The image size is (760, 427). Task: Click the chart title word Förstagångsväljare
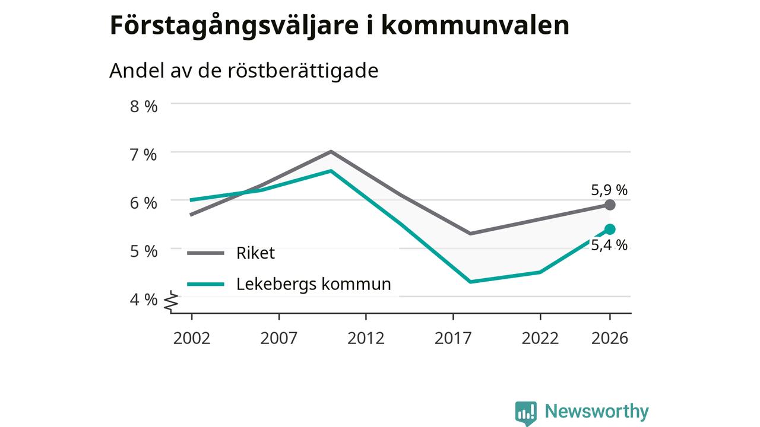pyautogui.click(x=234, y=27)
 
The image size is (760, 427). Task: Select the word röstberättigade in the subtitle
pyautogui.click(x=303, y=71)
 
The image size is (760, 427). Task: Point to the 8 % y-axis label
pyautogui.click(x=144, y=106)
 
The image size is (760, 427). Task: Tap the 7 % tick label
pyautogui.click(x=144, y=155)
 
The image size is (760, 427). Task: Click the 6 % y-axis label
pyautogui.click(x=144, y=203)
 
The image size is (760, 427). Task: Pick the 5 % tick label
pyautogui.click(x=144, y=251)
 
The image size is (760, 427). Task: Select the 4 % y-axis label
pyautogui.click(x=144, y=299)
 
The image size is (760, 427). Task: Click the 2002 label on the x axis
pyautogui.click(x=192, y=338)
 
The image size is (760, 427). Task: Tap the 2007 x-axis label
pyautogui.click(x=279, y=338)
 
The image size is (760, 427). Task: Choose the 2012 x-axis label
pyautogui.click(x=366, y=338)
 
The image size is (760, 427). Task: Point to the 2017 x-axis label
pyautogui.click(x=453, y=338)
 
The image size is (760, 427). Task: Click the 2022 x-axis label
pyautogui.click(x=540, y=338)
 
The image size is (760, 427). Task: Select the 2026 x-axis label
pyautogui.click(x=610, y=338)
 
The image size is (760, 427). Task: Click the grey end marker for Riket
pyautogui.click(x=610, y=205)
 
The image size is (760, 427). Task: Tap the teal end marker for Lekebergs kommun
pyautogui.click(x=610, y=230)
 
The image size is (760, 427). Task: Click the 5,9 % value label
pyautogui.click(x=609, y=190)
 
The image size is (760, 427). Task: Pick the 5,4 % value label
pyautogui.click(x=609, y=245)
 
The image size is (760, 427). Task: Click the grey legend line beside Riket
pyautogui.click(x=205, y=253)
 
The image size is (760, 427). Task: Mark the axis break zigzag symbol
pyautogui.click(x=172, y=301)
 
